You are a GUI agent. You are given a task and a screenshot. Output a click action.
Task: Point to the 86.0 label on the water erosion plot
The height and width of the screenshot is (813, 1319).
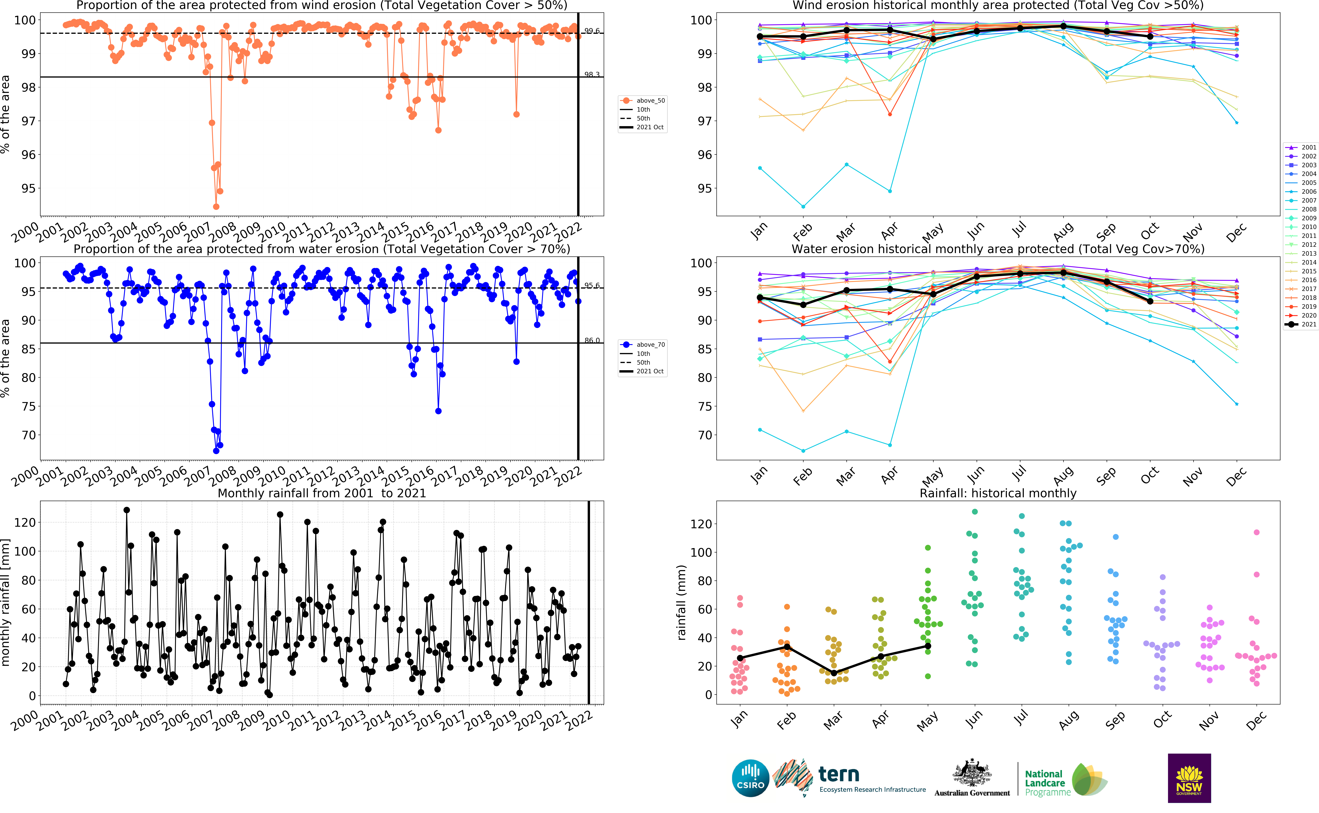tap(592, 340)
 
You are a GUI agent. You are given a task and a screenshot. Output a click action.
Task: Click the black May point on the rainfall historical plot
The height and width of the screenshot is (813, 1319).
tap(928, 646)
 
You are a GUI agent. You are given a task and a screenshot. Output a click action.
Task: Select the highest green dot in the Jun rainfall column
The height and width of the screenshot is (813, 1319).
tap(975, 512)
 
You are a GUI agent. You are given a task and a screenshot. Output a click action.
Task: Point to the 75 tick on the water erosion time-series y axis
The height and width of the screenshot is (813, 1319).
tap(28, 406)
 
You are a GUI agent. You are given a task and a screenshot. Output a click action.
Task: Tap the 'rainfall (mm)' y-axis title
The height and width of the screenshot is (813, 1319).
tap(682, 602)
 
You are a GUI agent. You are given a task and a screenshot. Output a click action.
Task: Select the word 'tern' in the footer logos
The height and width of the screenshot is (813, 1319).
tap(838, 774)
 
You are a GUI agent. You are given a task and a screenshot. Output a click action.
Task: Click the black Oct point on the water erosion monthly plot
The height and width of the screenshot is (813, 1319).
tap(1150, 301)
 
